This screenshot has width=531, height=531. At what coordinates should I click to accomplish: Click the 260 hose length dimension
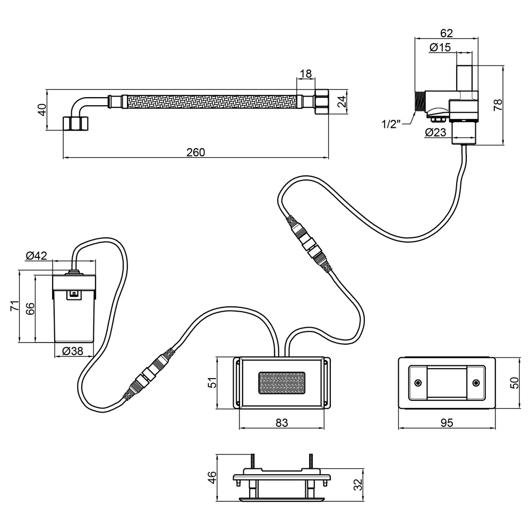[196, 152]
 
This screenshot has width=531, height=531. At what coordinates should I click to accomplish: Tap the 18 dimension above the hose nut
[306, 73]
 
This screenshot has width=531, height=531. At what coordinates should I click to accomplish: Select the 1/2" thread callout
[391, 124]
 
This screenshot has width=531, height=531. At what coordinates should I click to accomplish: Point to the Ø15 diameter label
[440, 47]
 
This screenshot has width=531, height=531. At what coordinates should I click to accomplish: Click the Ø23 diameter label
[436, 132]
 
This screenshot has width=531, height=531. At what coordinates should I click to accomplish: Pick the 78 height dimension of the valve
[498, 105]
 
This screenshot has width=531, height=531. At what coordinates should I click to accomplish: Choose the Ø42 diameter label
[36, 255]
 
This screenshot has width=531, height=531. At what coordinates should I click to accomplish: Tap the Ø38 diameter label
[72, 351]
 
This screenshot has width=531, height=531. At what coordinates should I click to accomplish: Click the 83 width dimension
[281, 423]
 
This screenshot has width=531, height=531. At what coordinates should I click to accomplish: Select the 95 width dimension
[447, 423]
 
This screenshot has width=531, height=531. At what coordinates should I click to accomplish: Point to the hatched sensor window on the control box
[282, 383]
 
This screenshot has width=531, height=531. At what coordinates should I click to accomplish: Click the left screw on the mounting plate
[418, 383]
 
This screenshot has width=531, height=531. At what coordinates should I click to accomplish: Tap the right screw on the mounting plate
[476, 383]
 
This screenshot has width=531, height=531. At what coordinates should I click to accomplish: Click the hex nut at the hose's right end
[321, 101]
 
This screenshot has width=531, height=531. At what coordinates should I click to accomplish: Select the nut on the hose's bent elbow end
[76, 123]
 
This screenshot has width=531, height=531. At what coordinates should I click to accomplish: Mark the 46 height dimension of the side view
[212, 477]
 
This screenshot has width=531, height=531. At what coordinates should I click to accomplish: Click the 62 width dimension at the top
[447, 33]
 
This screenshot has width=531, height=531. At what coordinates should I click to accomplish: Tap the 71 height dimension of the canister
[14, 306]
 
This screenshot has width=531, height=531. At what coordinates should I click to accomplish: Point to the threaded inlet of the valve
[420, 100]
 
